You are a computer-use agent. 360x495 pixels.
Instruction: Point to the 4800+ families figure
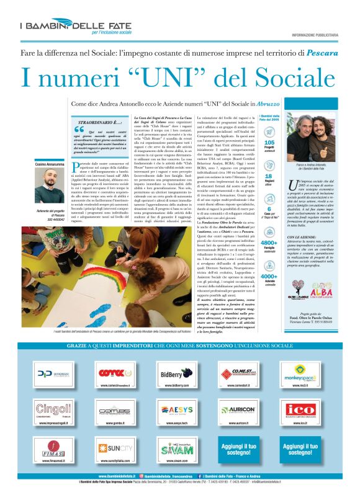269,243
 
